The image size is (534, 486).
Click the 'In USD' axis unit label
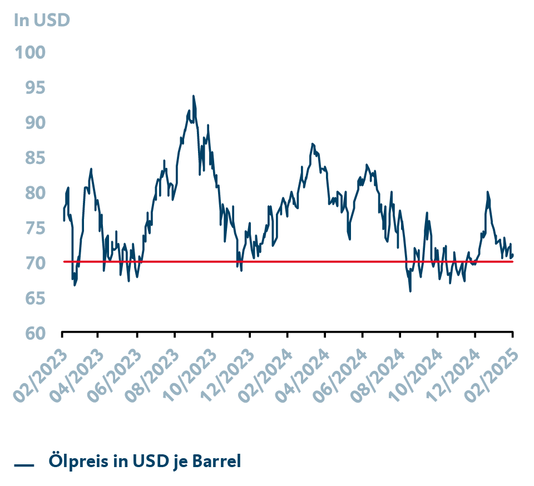pos(42,21)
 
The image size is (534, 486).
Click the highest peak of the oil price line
pos(194,96)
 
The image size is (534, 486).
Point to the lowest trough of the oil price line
pos(411,291)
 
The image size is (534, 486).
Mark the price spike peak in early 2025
pos(487,192)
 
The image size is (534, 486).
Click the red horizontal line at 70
pos(278,261)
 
